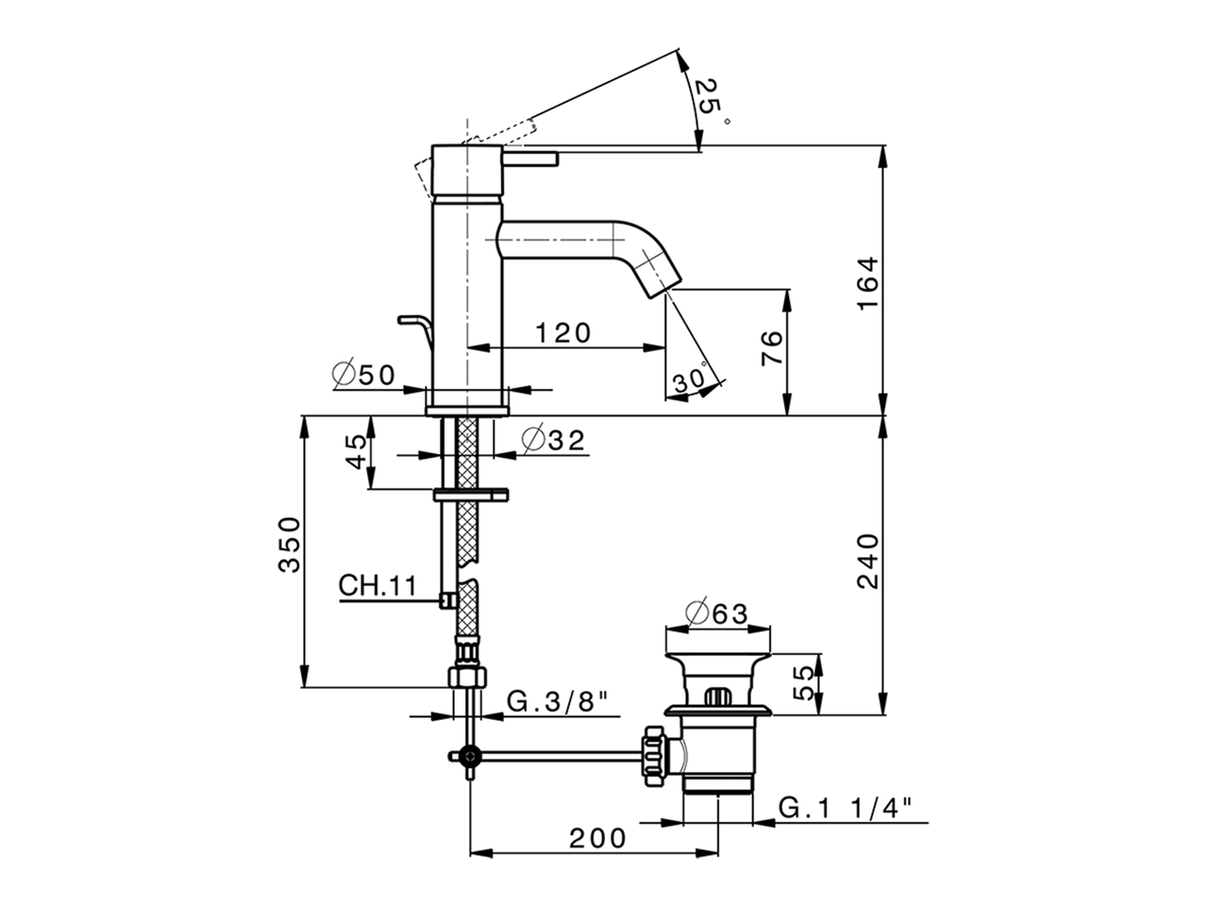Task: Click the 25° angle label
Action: (x=710, y=102)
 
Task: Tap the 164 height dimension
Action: (x=867, y=283)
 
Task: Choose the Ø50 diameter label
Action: (x=363, y=375)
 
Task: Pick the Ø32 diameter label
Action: (x=553, y=440)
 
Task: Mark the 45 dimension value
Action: (x=356, y=451)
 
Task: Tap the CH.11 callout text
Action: (x=377, y=585)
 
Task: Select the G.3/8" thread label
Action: (x=557, y=701)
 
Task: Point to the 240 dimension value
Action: (x=867, y=562)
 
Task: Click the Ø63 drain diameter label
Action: (x=717, y=613)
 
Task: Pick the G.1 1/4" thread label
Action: (x=846, y=808)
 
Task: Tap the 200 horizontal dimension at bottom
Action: (x=596, y=838)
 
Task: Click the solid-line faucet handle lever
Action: (x=528, y=157)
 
